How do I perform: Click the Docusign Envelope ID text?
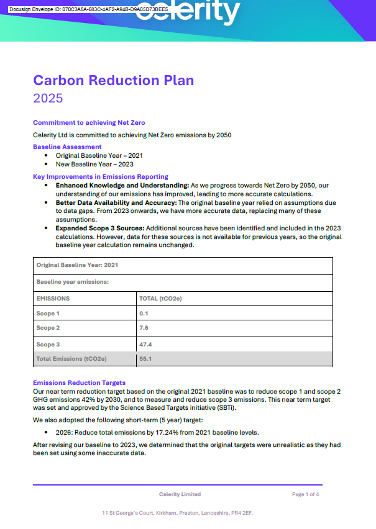[88, 10]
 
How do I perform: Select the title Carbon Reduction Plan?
[113, 80]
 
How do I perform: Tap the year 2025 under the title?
[48, 98]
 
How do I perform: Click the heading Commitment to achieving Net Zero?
[89, 122]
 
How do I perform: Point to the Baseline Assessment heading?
[67, 147]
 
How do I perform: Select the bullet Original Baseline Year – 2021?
[99, 156]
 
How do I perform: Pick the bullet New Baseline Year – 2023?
[94, 165]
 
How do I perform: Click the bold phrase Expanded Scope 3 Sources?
[100, 228]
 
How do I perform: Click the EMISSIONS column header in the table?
[53, 298]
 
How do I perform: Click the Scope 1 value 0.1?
[144, 314]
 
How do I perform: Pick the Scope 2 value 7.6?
[144, 328]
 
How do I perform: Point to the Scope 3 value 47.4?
[146, 344]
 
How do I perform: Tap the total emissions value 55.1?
[146, 359]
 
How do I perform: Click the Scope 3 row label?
[48, 344]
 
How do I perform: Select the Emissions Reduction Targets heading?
[79, 383]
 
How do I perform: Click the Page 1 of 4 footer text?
[305, 494]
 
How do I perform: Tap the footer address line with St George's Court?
[178, 513]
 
